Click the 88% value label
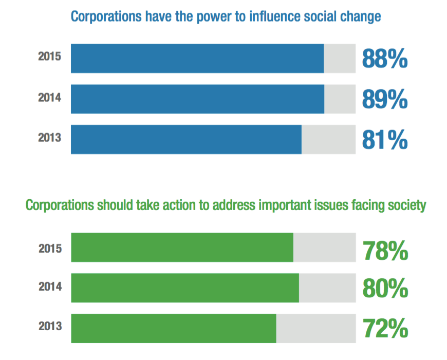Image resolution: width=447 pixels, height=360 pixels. (385, 59)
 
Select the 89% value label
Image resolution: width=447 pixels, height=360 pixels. (385, 99)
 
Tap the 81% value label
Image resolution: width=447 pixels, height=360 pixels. (385, 139)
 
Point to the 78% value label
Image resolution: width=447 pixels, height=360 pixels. (385, 251)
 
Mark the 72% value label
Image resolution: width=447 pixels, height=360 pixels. (385, 328)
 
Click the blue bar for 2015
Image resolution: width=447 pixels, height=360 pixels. (197, 59)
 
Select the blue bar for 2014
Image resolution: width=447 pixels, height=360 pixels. (197, 99)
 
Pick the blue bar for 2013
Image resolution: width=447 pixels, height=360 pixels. (186, 139)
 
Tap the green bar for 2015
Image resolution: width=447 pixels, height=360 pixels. (182, 248)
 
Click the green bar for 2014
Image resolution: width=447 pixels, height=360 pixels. (185, 288)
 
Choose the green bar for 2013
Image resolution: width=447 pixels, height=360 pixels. (173, 328)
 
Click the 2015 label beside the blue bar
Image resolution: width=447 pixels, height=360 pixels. (50, 56)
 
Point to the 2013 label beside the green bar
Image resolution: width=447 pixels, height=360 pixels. (50, 326)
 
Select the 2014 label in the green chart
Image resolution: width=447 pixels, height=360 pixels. (50, 286)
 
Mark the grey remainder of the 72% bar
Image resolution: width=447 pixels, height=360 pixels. (315, 328)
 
